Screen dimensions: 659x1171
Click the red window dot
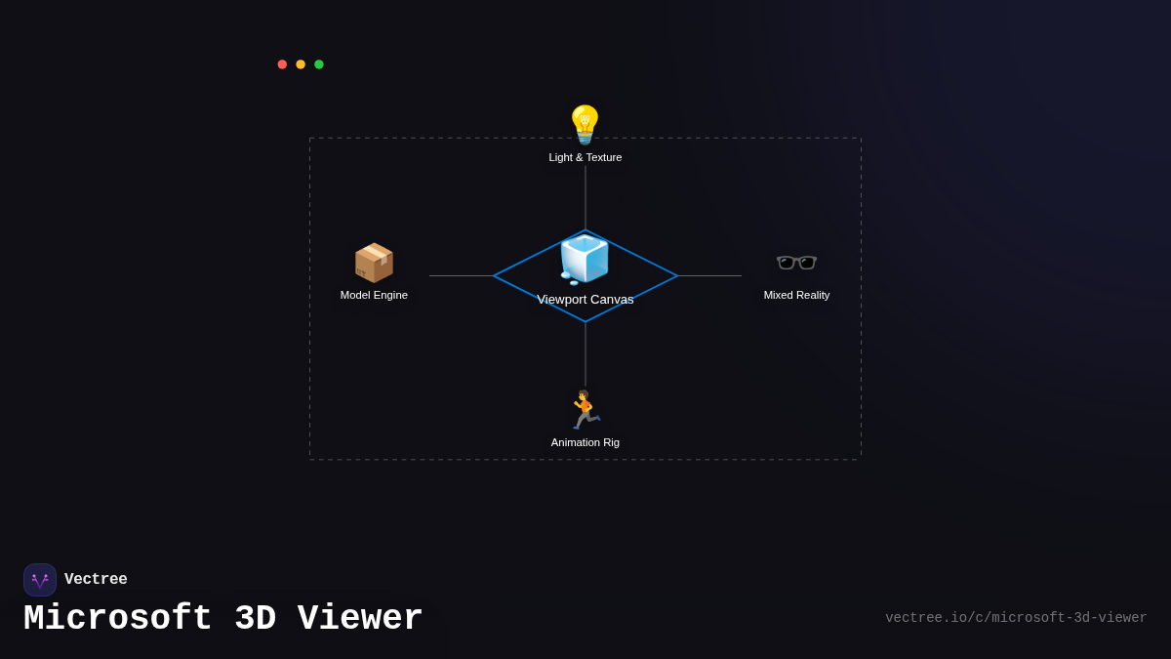(x=282, y=64)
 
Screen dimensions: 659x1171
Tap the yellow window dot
(x=301, y=64)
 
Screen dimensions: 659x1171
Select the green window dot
(x=319, y=64)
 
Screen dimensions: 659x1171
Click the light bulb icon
(x=585, y=125)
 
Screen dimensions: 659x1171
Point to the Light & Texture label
(x=585, y=157)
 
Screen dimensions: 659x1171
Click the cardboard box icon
(x=374, y=263)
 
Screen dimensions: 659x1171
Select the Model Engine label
(x=374, y=295)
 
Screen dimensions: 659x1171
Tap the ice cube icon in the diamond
(x=585, y=259)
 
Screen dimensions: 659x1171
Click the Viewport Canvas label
(x=585, y=300)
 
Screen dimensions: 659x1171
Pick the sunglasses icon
(x=796, y=263)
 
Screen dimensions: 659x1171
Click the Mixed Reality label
(x=796, y=295)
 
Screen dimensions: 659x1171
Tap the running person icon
(x=585, y=410)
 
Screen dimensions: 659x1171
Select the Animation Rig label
(x=585, y=442)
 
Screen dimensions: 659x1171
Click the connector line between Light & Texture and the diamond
(x=585, y=197)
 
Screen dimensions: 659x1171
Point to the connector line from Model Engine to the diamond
(x=462, y=275)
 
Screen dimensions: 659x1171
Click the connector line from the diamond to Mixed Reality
(x=709, y=275)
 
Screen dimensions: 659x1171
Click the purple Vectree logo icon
(x=40, y=580)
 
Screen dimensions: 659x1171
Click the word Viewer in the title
(x=360, y=619)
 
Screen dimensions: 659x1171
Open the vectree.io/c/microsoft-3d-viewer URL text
(x=1016, y=618)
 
